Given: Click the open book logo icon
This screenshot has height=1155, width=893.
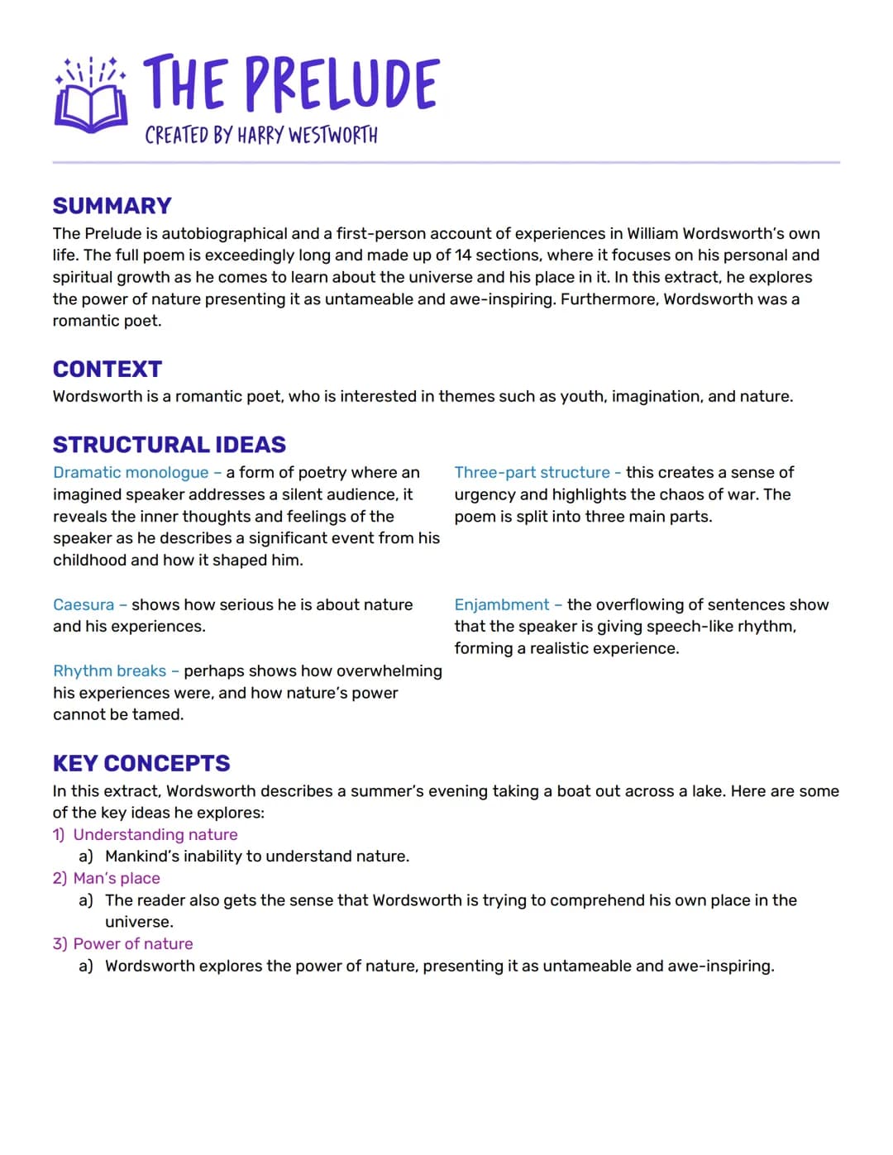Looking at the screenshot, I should point(91,95).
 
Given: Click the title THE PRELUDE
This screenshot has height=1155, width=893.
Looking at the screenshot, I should point(290,84).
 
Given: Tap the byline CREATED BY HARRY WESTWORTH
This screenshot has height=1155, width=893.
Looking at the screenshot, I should point(261,136).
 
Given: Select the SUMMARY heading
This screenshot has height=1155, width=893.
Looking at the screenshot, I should point(112,206).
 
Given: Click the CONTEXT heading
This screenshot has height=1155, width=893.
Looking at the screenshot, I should point(107,369).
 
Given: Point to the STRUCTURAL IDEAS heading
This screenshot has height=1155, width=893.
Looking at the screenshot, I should point(170,445).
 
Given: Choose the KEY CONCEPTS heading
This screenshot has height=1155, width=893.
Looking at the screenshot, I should point(141,763).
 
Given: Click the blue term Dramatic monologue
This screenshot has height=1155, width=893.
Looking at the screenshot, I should point(131,473).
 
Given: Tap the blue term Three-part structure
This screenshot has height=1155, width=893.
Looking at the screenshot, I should point(532,473).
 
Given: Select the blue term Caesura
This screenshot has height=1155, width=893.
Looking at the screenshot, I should point(84,605).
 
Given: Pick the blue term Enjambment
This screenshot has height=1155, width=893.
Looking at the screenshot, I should point(501,605).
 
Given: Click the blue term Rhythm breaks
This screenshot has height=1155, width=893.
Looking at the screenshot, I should point(109,671).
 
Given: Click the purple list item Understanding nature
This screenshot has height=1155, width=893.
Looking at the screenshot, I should point(155,835).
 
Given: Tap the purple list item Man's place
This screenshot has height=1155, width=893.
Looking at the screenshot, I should point(117,879).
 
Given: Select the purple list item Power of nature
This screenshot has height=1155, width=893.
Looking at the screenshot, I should point(133,944).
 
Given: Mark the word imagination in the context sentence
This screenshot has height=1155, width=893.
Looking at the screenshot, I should point(652,397).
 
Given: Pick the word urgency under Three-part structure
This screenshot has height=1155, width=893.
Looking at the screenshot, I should point(484,494).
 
